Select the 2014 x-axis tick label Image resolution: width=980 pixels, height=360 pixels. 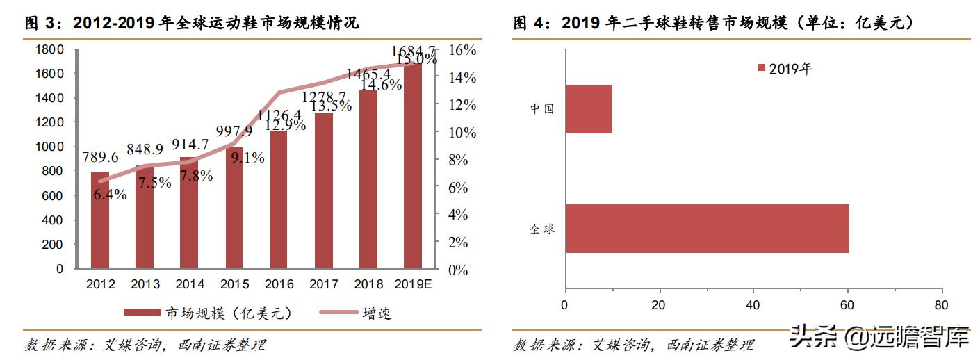click(190, 284)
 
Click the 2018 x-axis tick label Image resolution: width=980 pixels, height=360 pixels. click(368, 284)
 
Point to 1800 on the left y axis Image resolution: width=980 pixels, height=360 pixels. click(49, 49)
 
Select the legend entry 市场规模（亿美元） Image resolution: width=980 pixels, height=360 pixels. click(209, 313)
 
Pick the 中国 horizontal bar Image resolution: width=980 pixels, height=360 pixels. click(589, 109)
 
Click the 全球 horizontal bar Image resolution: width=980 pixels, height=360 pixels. click(707, 228)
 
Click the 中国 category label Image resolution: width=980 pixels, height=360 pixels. click(542, 109)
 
